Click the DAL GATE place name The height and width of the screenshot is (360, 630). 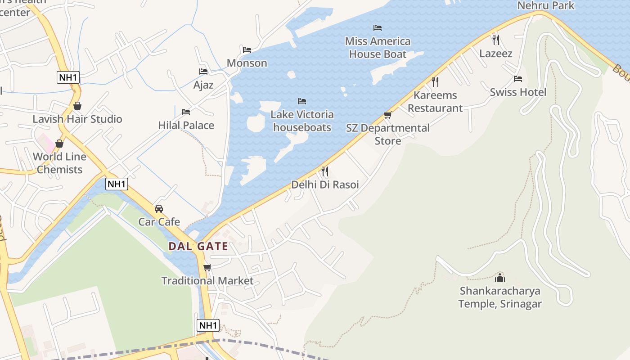(198, 247)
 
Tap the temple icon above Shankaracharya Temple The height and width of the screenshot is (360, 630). (499, 277)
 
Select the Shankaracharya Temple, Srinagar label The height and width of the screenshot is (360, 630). (499, 297)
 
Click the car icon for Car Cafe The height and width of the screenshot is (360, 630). (159, 209)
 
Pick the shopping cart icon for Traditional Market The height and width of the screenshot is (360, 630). (207, 268)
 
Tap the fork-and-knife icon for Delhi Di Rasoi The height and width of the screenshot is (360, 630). (325, 171)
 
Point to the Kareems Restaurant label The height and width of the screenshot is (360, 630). (435, 102)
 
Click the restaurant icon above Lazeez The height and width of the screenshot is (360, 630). (496, 40)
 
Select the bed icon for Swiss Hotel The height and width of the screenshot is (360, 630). (518, 79)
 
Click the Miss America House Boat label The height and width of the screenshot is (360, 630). (378, 48)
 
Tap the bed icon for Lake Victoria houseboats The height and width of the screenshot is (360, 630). (302, 101)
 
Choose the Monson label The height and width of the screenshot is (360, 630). (247, 63)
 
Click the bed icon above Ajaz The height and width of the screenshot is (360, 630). (203, 72)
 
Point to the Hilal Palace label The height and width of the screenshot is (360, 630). (186, 125)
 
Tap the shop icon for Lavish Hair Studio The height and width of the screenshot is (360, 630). (77, 106)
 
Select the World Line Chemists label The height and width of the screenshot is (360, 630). (59, 163)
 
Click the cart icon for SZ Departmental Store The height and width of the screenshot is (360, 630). (388, 115)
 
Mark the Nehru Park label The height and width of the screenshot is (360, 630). (546, 5)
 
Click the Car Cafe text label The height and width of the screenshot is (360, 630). (159, 222)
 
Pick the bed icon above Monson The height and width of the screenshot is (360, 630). (247, 50)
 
